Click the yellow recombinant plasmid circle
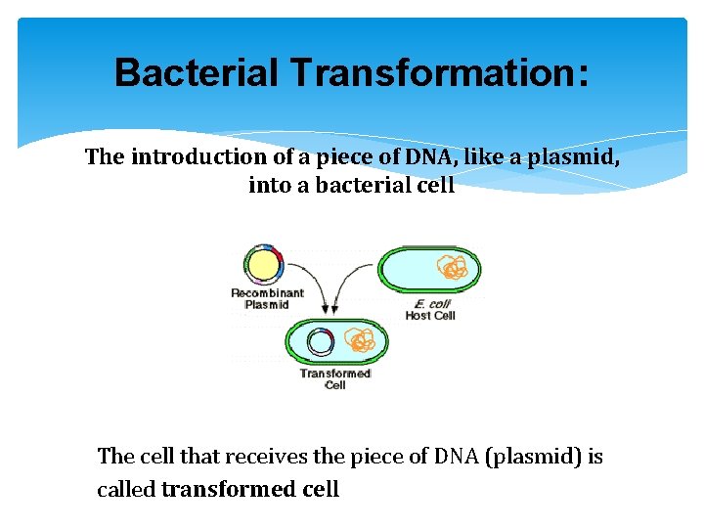click(262, 265)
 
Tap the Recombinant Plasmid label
click(267, 298)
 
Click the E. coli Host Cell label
click(430, 309)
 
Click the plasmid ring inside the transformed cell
click(320, 342)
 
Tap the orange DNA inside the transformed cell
click(361, 341)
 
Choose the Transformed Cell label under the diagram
click(335, 378)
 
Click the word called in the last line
click(126, 489)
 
